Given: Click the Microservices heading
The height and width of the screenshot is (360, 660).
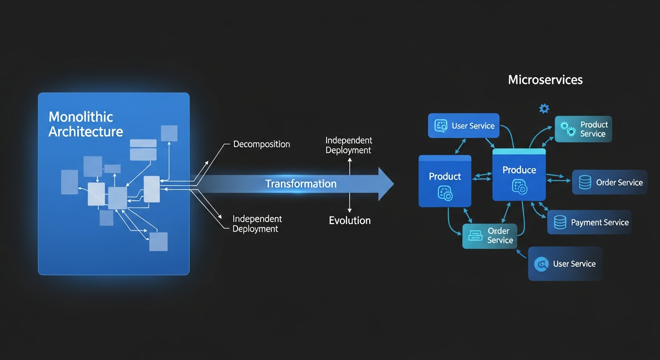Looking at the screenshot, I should pyautogui.click(x=545, y=80).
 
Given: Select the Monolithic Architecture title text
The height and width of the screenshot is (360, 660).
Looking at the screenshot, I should pyautogui.click(x=86, y=124).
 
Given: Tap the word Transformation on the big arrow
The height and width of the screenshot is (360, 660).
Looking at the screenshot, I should pyautogui.click(x=301, y=184).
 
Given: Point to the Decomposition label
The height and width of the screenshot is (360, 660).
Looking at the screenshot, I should pyautogui.click(x=262, y=144).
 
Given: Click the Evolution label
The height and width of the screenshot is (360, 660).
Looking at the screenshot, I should pyautogui.click(x=350, y=221).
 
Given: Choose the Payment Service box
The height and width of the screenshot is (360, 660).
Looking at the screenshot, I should pyautogui.click(x=589, y=222).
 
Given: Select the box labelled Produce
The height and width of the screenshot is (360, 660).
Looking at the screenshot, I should pyautogui.click(x=519, y=175).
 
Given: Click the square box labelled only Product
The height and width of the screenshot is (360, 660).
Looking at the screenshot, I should pyautogui.click(x=444, y=181).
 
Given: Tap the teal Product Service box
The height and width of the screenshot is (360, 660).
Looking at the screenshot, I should pyautogui.click(x=583, y=129).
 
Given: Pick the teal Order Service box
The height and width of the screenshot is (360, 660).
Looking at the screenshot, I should pyautogui.click(x=489, y=236).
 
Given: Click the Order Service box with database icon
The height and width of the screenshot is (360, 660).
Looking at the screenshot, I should pyautogui.click(x=609, y=182).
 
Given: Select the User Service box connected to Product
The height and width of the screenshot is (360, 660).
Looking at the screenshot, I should pyautogui.click(x=464, y=126).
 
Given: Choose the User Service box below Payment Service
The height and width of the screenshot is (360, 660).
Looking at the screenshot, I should pyautogui.click(x=565, y=264).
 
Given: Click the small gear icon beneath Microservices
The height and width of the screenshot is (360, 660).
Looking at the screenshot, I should pyautogui.click(x=544, y=109).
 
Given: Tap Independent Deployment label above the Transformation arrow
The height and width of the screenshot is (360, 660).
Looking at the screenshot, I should pyautogui.click(x=348, y=145).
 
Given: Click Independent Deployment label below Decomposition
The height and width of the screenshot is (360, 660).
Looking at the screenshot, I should pyautogui.click(x=257, y=224).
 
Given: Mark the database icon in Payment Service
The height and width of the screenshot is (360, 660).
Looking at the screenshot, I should pyautogui.click(x=560, y=222).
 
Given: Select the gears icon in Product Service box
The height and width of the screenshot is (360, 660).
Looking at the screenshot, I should pyautogui.click(x=568, y=129).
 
